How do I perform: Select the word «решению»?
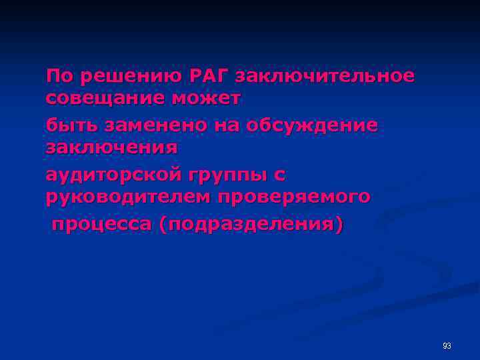pyautogui.click(x=127, y=76)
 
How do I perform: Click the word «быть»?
pyautogui.click(x=69, y=125)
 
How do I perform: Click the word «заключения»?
pyautogui.click(x=111, y=147)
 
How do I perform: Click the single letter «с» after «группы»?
pyautogui.click(x=280, y=175)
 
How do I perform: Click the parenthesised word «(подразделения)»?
pyautogui.click(x=253, y=225)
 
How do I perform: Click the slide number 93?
pyautogui.click(x=446, y=345)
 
